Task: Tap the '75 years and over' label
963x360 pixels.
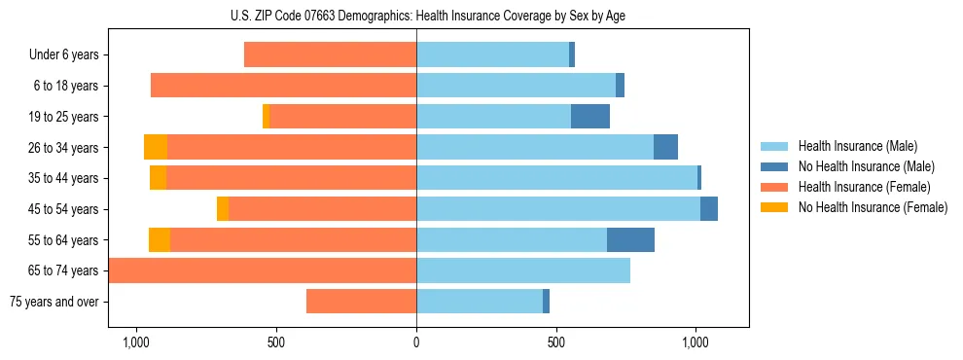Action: pos(53,302)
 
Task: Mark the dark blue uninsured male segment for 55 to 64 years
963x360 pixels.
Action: pos(630,239)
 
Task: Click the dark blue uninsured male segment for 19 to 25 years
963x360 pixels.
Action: pos(590,117)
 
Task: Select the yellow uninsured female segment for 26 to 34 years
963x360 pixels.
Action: pos(156,147)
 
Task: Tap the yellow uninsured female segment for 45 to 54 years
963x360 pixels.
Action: pos(223,209)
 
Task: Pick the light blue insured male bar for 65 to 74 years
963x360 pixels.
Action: pos(523,270)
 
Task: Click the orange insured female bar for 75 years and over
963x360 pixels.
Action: pos(361,302)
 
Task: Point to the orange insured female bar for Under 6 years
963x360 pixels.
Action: pos(330,55)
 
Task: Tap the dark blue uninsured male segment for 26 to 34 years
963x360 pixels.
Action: pos(665,147)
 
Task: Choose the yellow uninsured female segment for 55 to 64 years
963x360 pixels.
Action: pos(160,239)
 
